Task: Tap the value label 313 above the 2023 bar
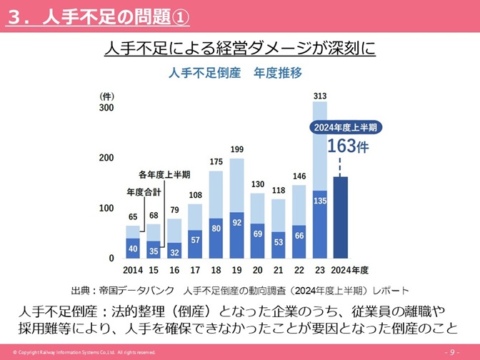click(320, 96)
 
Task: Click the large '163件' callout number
click(348, 146)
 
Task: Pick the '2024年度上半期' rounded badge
click(347, 127)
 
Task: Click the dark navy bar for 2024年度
click(341, 217)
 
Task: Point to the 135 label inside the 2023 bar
click(320, 201)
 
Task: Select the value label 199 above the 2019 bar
click(237, 149)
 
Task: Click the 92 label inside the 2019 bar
click(237, 222)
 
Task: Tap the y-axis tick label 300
click(106, 108)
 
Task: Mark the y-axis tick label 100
click(106, 208)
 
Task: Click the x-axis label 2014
click(133, 270)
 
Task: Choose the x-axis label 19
click(237, 270)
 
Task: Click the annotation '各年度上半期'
click(164, 174)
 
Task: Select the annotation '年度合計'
click(144, 191)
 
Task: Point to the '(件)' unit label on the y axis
click(106, 96)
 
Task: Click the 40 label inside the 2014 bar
click(133, 248)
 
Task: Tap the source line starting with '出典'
click(240, 291)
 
